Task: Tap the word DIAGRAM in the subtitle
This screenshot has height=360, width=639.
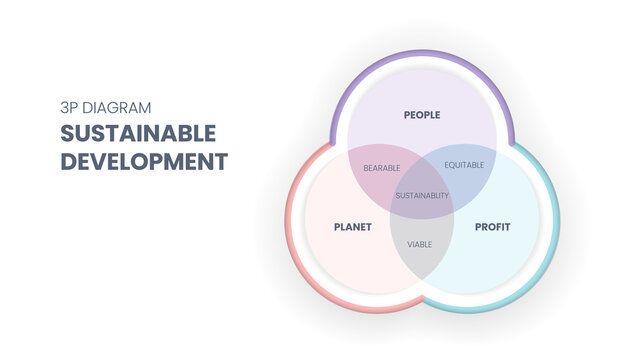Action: (x=118, y=106)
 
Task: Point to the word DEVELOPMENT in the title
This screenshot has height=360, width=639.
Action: (x=144, y=160)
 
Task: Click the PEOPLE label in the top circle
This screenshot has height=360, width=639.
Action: (x=421, y=115)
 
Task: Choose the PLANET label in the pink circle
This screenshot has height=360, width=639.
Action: (x=352, y=227)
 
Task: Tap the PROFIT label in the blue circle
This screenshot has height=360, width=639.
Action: (x=491, y=227)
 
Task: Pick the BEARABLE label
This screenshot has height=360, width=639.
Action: (x=381, y=167)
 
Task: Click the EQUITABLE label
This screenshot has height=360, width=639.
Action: (x=464, y=164)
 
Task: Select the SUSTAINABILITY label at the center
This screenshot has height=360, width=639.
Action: (x=421, y=195)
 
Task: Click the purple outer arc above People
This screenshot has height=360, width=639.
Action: (x=421, y=54)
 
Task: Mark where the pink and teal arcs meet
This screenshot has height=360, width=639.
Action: (x=421, y=300)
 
